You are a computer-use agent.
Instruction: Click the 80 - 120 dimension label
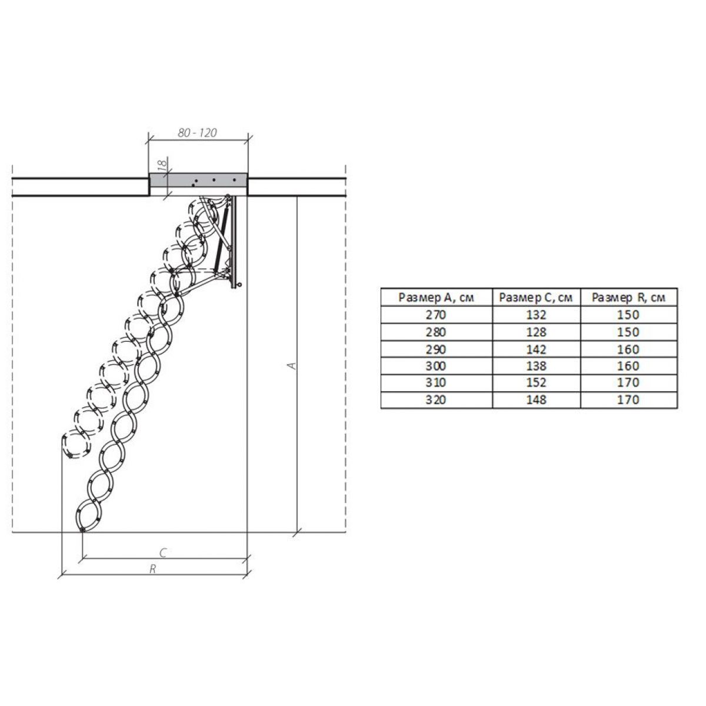click(x=197, y=132)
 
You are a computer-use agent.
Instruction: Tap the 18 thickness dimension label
click(x=162, y=164)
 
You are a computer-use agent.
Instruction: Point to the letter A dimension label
click(x=292, y=365)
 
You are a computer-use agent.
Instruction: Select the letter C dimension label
click(x=164, y=552)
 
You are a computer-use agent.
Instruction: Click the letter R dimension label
click(x=153, y=568)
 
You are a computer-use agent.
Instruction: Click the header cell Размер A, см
click(x=436, y=297)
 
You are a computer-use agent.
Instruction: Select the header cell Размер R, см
click(x=628, y=297)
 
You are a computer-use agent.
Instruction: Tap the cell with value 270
click(x=436, y=315)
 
